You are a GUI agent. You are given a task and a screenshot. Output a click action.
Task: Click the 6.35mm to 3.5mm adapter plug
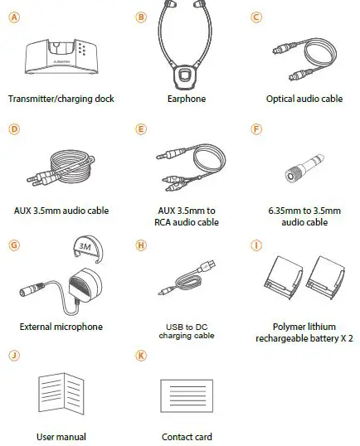click(304, 170)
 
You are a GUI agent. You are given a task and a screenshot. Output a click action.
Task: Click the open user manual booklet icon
click(61, 392)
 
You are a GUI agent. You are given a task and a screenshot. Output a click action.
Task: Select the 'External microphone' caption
click(61, 327)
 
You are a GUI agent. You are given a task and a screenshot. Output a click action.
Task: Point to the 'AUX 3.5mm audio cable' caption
click(61, 211)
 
